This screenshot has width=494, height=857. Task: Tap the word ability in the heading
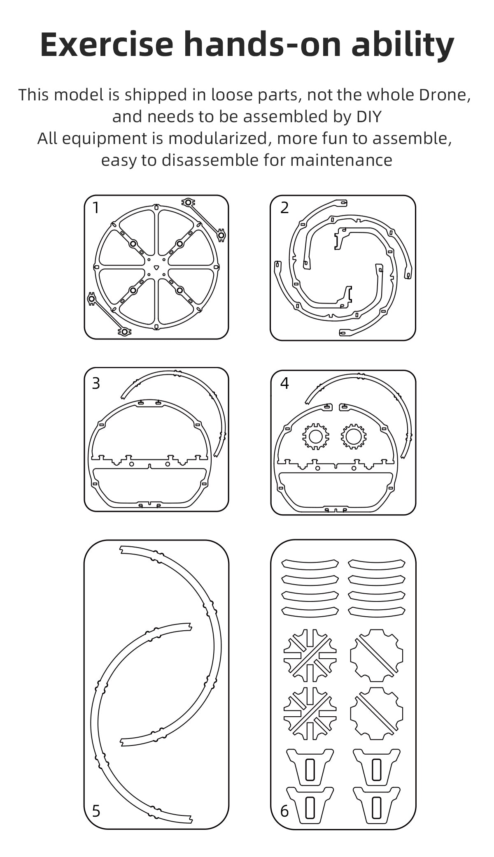click(x=403, y=45)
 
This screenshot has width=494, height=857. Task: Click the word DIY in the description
click(x=369, y=116)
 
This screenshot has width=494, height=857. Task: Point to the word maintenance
click(x=341, y=160)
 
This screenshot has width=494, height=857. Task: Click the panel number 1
click(x=96, y=208)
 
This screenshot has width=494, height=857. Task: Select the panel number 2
click(x=284, y=208)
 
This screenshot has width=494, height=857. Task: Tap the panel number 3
click(x=96, y=383)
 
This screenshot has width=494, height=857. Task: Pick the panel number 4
click(x=284, y=383)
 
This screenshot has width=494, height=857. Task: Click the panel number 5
click(x=96, y=811)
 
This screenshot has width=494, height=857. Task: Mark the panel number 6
click(x=284, y=811)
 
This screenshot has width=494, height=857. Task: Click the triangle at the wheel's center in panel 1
click(x=156, y=267)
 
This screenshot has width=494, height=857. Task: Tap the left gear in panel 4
click(x=316, y=436)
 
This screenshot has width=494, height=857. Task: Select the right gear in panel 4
click(x=353, y=436)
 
